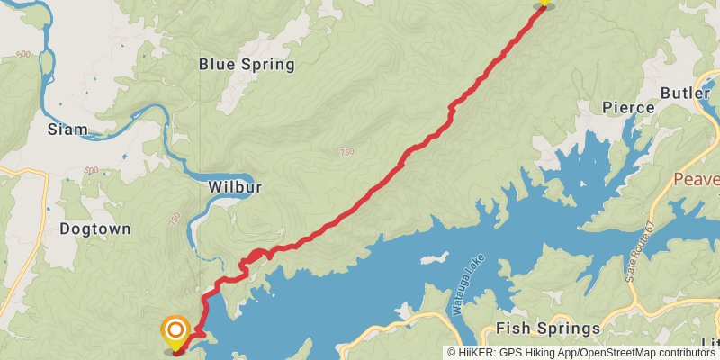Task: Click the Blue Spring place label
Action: [247, 64]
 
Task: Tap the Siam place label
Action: [67, 129]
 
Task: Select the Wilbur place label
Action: [234, 187]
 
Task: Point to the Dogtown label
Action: [94, 229]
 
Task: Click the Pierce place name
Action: [628, 107]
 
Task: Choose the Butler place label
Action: [685, 93]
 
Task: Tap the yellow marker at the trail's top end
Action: [543, 3]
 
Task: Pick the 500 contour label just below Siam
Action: [90, 169]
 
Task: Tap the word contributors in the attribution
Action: [685, 353]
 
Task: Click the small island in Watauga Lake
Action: [434, 258]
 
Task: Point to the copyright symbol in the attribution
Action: [453, 353]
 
